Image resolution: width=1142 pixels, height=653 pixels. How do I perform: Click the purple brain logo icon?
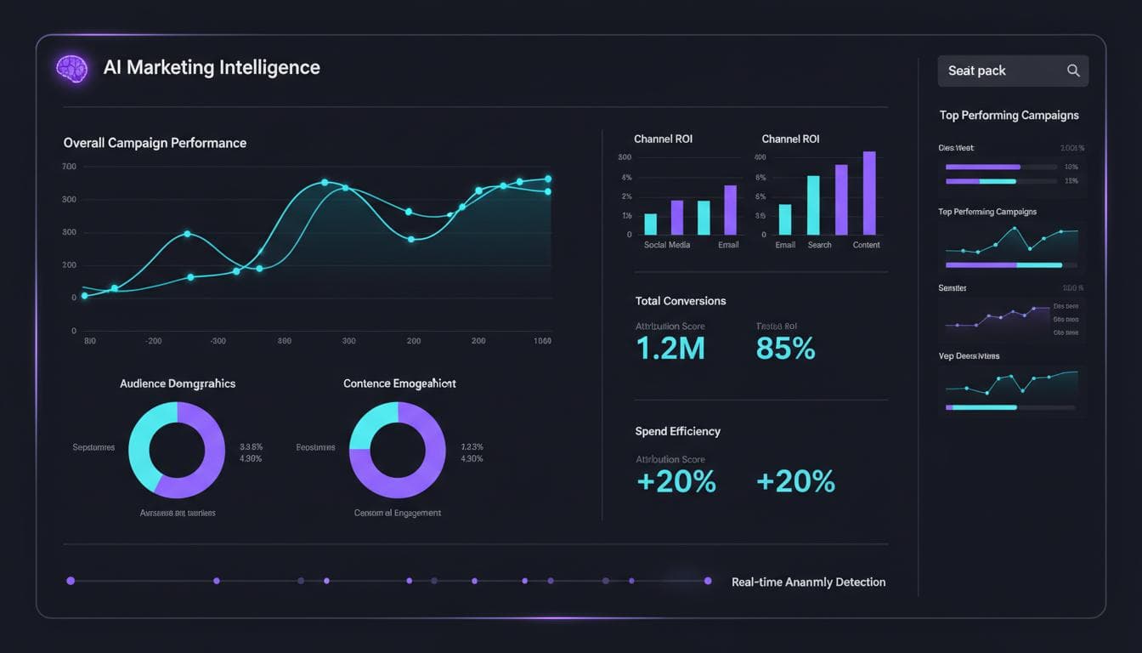[x=72, y=69]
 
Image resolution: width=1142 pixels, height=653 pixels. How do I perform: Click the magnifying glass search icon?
[x=1073, y=71]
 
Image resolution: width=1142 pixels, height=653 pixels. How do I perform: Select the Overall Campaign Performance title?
[x=155, y=143]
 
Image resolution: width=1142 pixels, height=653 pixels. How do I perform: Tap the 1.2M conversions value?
[x=670, y=348]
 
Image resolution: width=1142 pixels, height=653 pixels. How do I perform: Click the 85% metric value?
[x=785, y=348]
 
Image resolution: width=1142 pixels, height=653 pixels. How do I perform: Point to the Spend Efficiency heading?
[x=677, y=431]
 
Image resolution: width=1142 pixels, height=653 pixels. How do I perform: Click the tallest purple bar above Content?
[x=868, y=193]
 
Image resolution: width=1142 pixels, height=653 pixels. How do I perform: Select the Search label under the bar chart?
[x=819, y=245]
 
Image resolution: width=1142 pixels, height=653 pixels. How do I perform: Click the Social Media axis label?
[x=667, y=245]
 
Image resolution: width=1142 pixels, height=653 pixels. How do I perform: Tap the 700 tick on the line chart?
[x=69, y=167]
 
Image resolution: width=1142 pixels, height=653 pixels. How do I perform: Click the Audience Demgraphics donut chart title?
[x=178, y=383]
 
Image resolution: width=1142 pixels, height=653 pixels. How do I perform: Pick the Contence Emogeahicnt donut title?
[x=399, y=383]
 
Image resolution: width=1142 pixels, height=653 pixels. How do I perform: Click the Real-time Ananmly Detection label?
[x=808, y=582]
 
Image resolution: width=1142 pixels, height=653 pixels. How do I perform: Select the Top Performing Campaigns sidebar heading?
[x=1009, y=115]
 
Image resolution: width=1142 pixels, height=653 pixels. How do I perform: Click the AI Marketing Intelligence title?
[x=212, y=68]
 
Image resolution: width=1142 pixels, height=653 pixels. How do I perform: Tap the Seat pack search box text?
[x=976, y=71]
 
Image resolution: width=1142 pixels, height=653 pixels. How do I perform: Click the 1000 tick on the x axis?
[x=542, y=341]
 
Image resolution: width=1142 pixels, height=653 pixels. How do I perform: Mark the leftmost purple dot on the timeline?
[x=71, y=581]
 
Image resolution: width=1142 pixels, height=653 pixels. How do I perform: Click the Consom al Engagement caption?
[x=398, y=513]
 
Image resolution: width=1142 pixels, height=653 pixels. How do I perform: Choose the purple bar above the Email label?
[x=730, y=210]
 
